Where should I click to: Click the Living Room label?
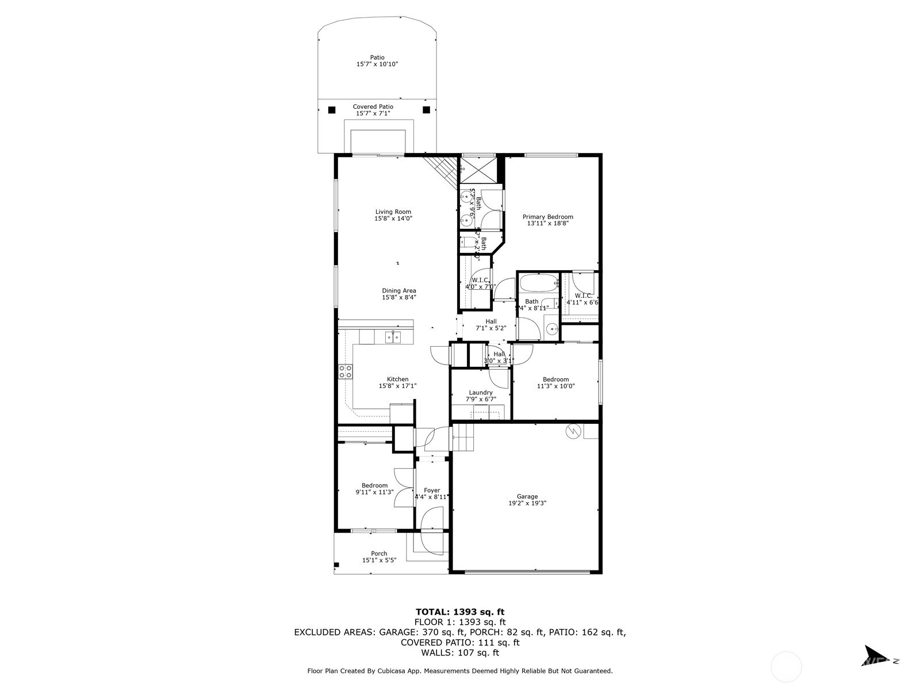click(x=393, y=212)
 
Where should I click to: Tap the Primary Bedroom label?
click(x=547, y=217)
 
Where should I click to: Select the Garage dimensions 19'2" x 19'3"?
click(x=527, y=503)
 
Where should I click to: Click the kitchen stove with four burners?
click(x=346, y=371)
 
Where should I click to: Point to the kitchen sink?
click(x=393, y=337)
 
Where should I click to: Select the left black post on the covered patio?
click(x=331, y=110)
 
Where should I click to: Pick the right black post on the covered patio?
click(x=426, y=110)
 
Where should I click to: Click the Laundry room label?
click(x=480, y=393)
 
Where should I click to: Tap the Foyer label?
click(x=432, y=490)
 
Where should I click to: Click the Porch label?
click(x=379, y=554)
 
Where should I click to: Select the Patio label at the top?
click(x=377, y=57)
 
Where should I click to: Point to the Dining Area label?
click(x=398, y=291)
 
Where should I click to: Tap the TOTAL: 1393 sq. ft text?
click(x=459, y=612)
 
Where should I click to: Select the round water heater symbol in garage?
click(x=573, y=431)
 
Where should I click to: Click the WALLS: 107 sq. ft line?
click(x=459, y=653)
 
